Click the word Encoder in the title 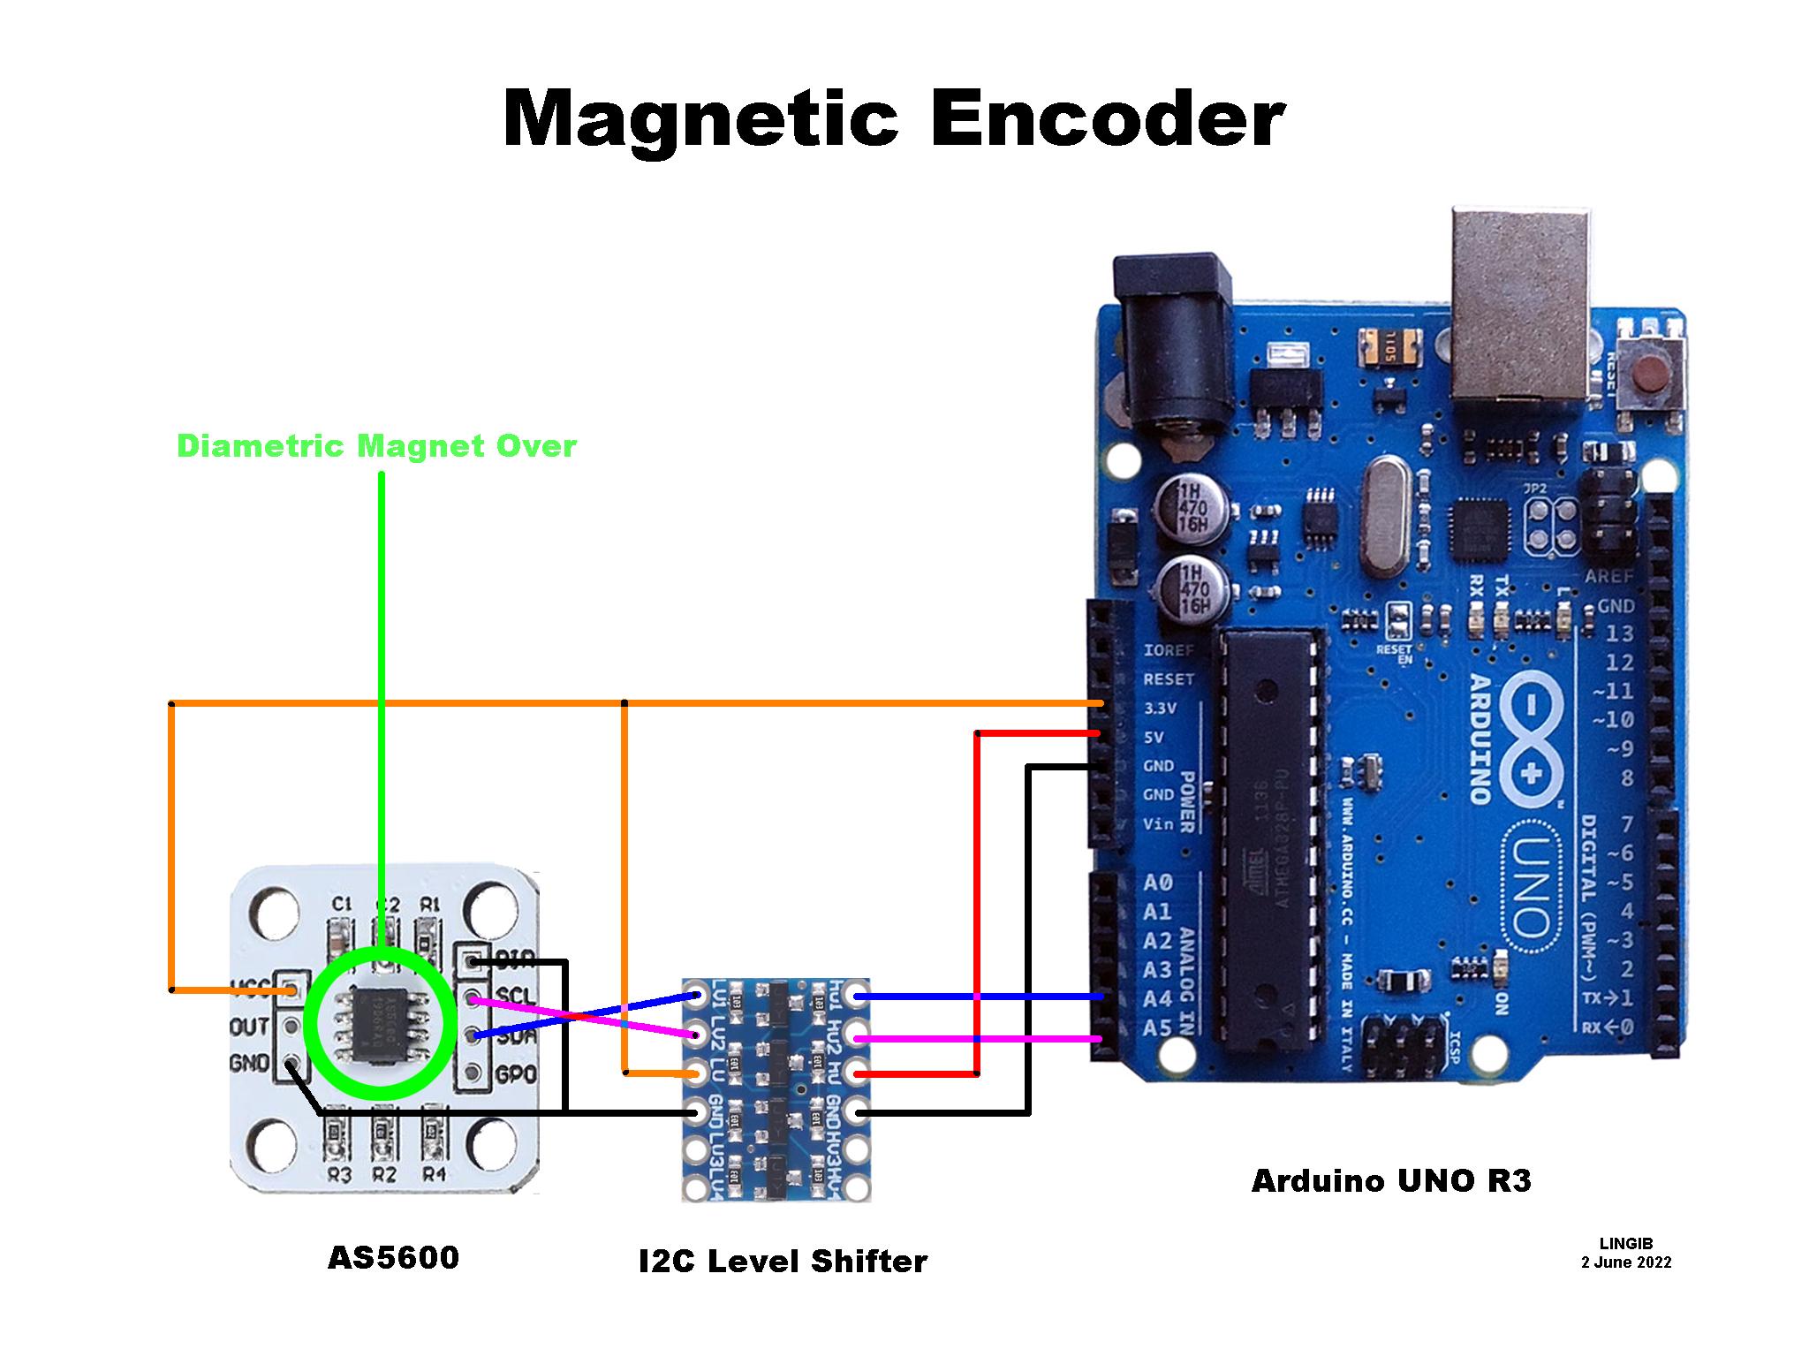[x=1106, y=120]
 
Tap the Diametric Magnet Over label [x=376, y=446]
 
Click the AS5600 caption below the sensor [x=393, y=1257]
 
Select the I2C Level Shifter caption [x=783, y=1261]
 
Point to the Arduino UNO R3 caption [x=1391, y=1180]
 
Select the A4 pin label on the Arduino [x=1158, y=999]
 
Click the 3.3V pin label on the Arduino [x=1159, y=708]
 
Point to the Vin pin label [x=1159, y=824]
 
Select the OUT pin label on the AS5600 [x=250, y=1027]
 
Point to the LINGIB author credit [x=1625, y=1243]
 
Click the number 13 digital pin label [x=1620, y=633]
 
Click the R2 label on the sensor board [x=383, y=1174]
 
